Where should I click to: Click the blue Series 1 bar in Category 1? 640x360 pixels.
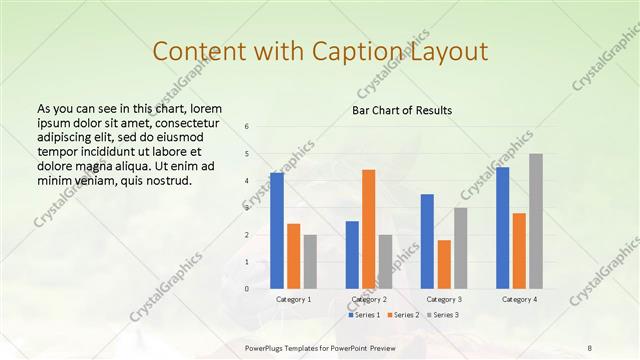point(277,231)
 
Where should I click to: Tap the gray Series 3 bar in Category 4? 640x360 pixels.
point(536,221)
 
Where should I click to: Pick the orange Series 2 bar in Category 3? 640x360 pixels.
point(444,264)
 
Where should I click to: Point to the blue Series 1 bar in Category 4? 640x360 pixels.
point(502,228)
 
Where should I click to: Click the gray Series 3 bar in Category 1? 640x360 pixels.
point(310,262)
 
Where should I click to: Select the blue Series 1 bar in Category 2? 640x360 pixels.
point(352,255)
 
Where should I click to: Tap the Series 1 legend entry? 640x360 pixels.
point(365,315)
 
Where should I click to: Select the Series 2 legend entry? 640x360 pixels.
point(403,315)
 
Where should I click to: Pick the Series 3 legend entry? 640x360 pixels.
point(441,315)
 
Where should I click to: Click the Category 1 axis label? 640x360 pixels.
point(294,299)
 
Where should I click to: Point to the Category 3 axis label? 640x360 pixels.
point(444,299)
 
